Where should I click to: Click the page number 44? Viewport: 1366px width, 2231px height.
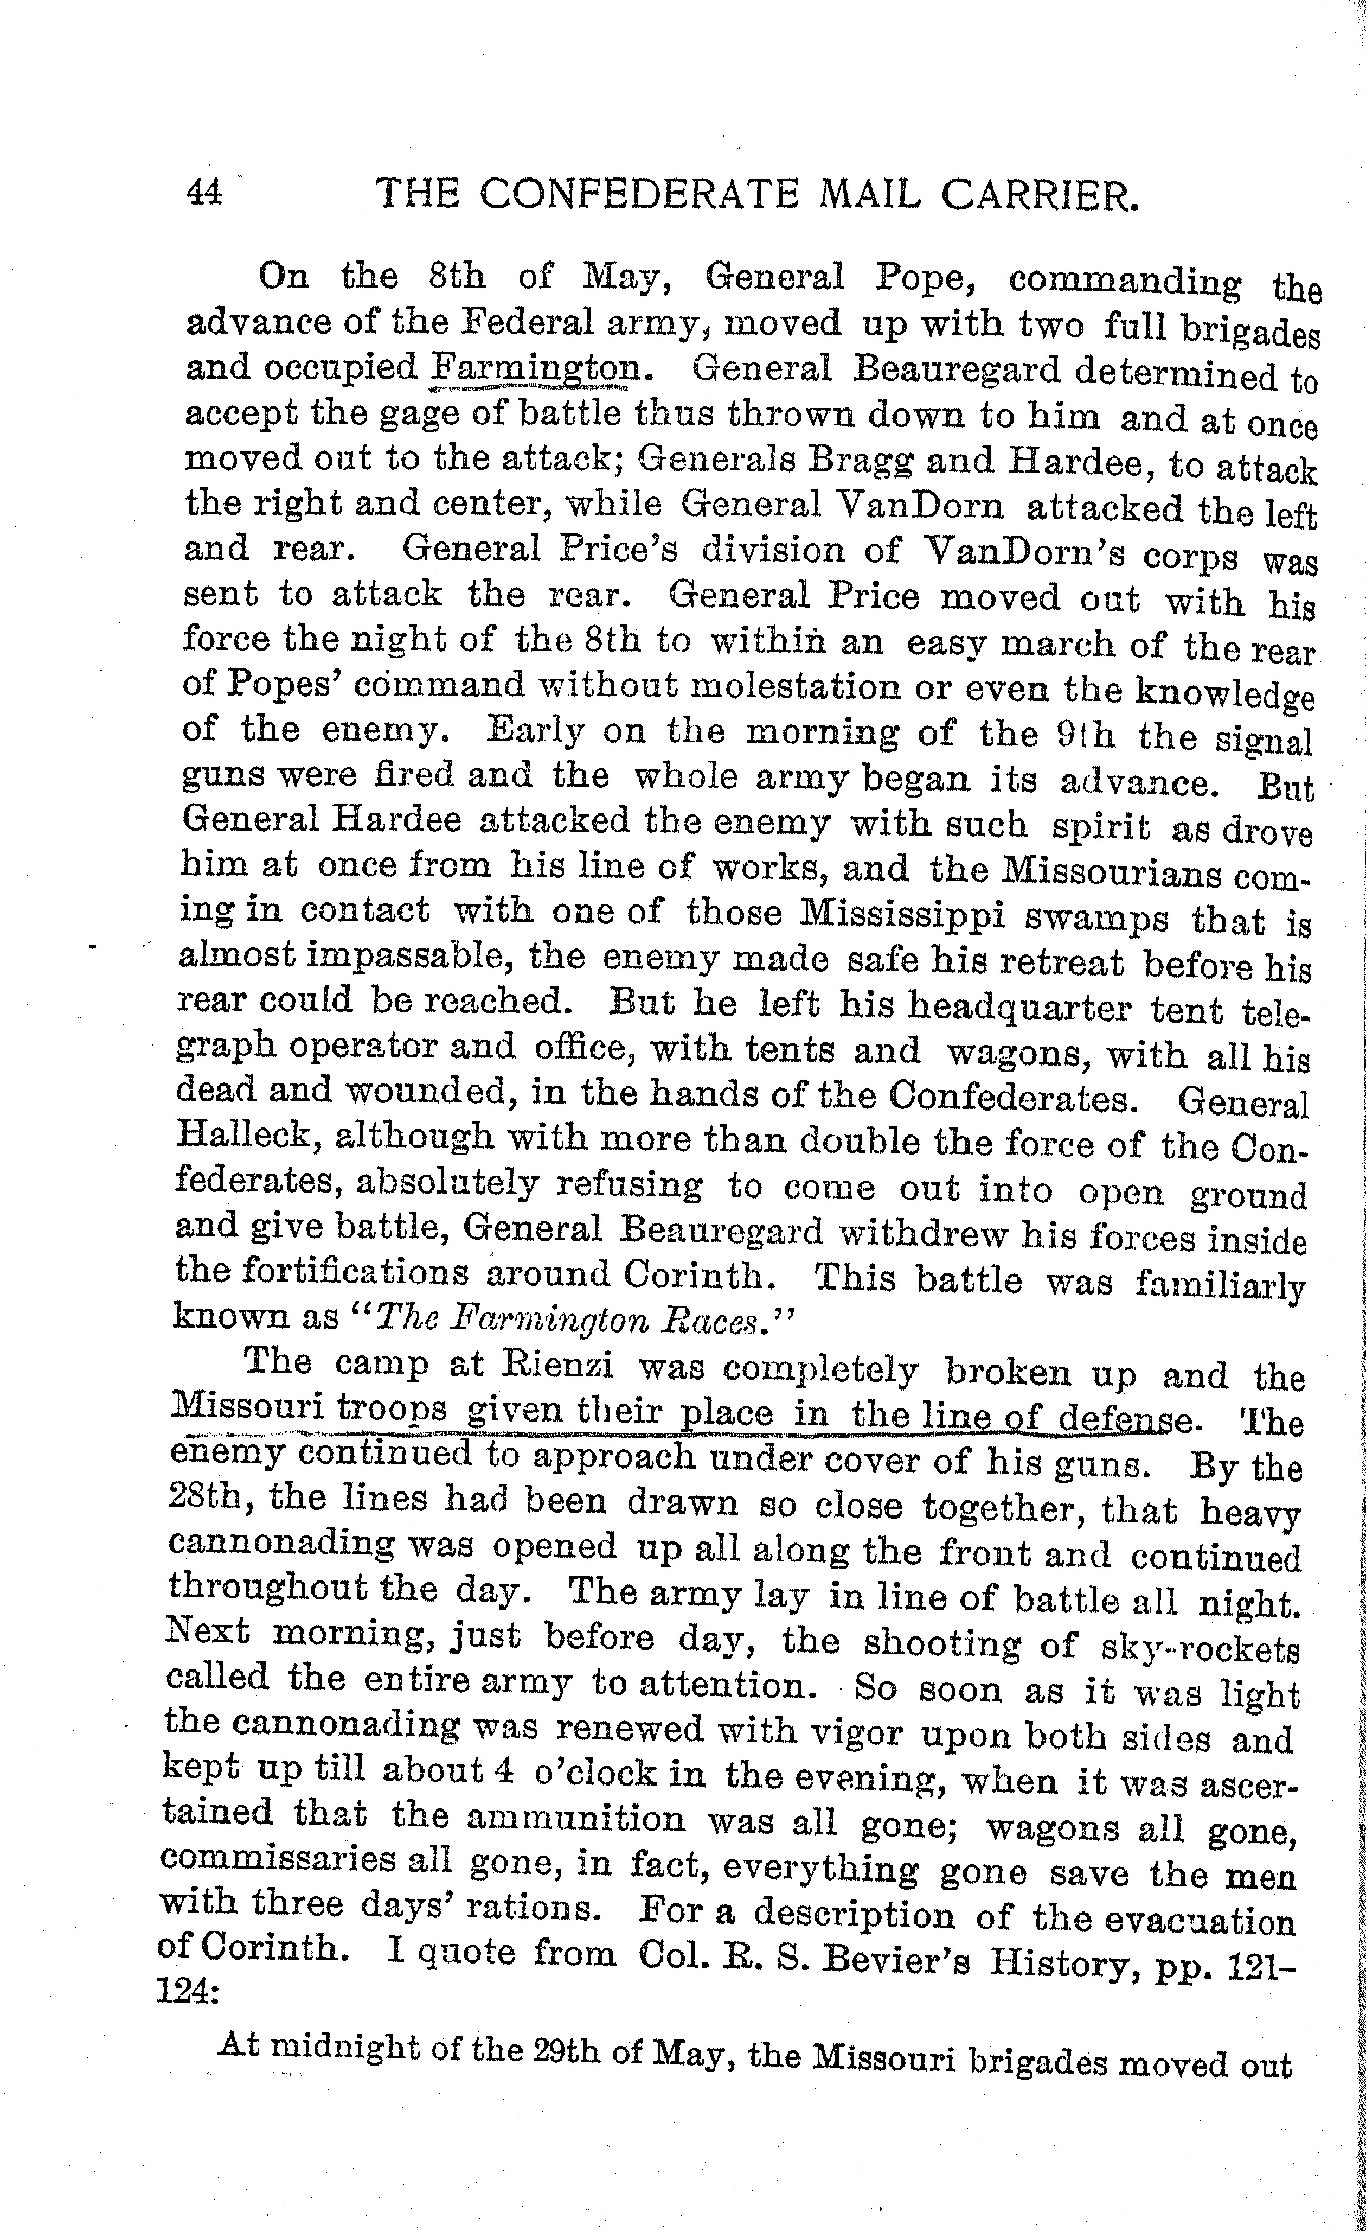204,192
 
